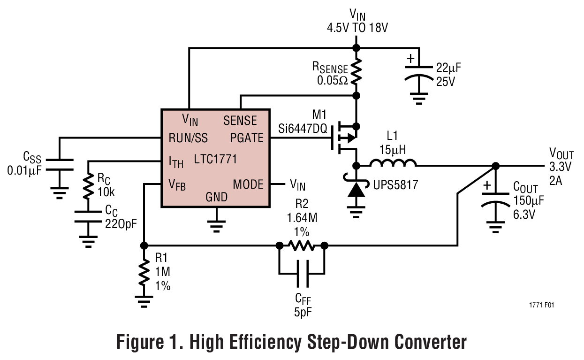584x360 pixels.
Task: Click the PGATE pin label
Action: [247, 138]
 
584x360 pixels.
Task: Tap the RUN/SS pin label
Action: [188, 138]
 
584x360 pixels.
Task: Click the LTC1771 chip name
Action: [215, 160]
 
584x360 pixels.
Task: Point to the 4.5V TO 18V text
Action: [357, 29]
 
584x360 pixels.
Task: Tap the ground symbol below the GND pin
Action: [216, 226]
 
